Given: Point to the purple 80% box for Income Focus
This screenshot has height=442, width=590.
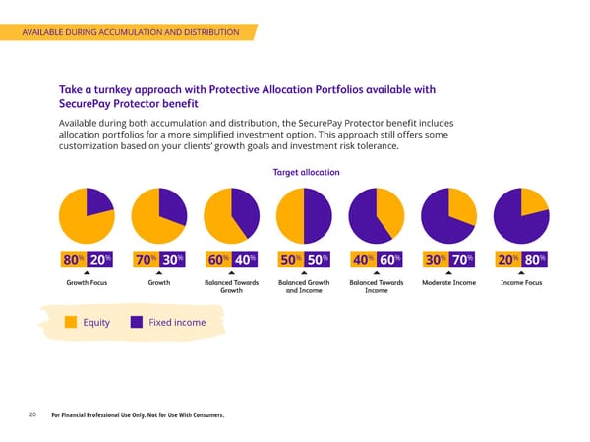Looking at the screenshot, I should tap(534, 259).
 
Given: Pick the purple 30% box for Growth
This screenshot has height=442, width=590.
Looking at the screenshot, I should tap(172, 259).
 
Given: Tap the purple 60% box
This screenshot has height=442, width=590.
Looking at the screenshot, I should tap(388, 259).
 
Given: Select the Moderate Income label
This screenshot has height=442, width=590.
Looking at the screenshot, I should tap(447, 283).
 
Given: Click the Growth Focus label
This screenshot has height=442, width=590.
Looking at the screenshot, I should tap(86, 283).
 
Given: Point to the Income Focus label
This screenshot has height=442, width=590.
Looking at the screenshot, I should tap(521, 283).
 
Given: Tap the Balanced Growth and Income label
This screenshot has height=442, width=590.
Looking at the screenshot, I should tap(304, 287).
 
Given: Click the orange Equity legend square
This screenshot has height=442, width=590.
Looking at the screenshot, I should tap(71, 322).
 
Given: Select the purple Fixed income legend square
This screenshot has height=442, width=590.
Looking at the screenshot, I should tap(139, 322).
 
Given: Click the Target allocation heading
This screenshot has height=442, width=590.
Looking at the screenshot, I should tap(306, 172).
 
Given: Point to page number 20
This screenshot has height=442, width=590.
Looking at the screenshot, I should tap(32, 415).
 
